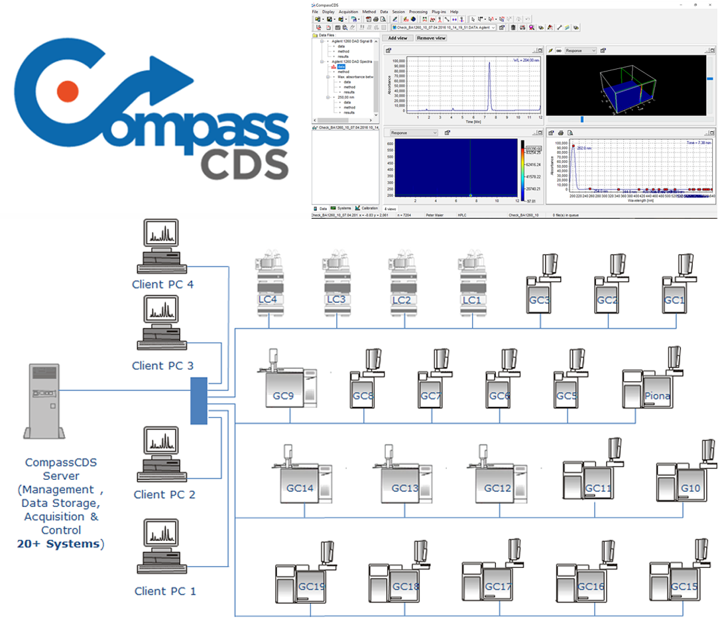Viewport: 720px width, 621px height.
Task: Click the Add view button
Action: point(397,38)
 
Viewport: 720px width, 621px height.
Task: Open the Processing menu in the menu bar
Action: point(418,12)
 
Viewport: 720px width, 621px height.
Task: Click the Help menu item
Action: point(454,12)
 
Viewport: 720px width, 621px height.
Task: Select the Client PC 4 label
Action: point(162,284)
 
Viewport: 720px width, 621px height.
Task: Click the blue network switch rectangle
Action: point(199,400)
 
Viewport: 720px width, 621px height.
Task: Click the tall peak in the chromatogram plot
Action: point(489,86)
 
